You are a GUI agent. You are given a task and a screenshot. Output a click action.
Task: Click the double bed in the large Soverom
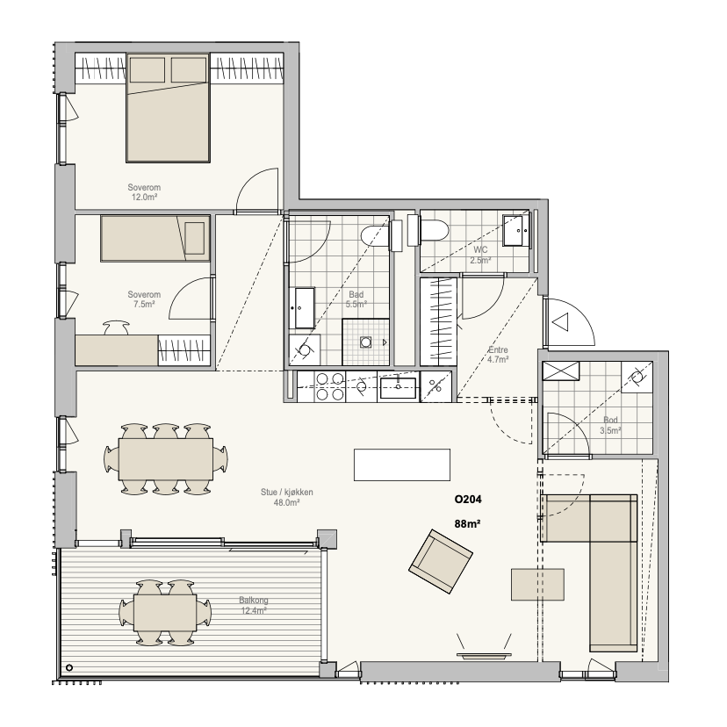[x=168, y=108]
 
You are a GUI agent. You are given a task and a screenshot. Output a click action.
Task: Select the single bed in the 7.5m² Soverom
[x=155, y=238]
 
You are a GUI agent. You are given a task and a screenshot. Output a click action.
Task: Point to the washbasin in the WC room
[x=516, y=230]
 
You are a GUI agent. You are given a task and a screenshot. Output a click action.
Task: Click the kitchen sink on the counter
[x=398, y=387]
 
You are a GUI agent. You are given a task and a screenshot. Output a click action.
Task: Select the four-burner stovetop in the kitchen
[x=329, y=386]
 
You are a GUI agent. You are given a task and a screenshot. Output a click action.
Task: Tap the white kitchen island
[x=402, y=464]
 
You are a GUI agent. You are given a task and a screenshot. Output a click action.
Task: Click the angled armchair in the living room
[x=441, y=561]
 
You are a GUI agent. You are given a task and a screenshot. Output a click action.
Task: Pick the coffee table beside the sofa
[x=538, y=585]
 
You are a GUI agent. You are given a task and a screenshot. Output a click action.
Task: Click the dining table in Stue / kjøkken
[x=166, y=459]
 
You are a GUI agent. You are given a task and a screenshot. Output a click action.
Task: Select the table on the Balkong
[x=165, y=613]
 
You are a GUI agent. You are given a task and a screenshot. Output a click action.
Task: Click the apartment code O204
[x=468, y=500]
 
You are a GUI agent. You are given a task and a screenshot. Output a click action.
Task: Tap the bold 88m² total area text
[x=467, y=524]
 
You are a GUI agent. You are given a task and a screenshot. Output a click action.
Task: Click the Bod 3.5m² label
[x=610, y=426]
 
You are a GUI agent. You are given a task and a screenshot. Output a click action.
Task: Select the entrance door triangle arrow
[x=561, y=321]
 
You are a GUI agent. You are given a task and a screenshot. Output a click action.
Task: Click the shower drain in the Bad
[x=366, y=342]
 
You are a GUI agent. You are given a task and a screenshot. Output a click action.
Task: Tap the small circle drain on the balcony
[x=69, y=667]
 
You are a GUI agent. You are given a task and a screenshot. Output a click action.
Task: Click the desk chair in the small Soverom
[x=115, y=328]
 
